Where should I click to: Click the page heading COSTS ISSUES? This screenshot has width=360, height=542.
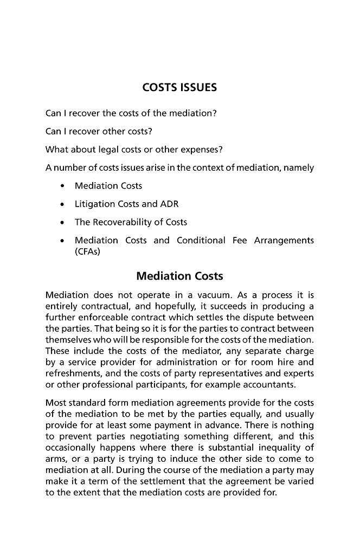pos(179,87)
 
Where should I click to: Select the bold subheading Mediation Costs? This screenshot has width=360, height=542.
pos(179,276)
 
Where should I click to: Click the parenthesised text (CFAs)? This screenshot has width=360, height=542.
pos(88,251)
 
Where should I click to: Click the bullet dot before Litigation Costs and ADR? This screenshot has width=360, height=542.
pos(63,204)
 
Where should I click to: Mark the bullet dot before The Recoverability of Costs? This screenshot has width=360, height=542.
pos(63,223)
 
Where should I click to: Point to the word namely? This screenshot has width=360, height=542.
pos(298,167)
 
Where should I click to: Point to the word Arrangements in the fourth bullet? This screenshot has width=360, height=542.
pos(284,240)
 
